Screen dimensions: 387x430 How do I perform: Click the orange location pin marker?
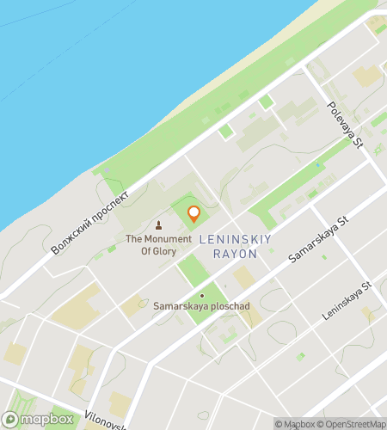tap(193, 213)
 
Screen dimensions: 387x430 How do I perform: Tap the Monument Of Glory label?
tap(158, 245)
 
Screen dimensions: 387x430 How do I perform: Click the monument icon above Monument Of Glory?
tap(157, 226)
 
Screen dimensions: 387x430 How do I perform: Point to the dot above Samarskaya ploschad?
tap(202, 295)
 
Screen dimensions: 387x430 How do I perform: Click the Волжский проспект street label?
tap(90, 221)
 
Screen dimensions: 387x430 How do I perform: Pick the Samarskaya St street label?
tap(317, 240)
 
